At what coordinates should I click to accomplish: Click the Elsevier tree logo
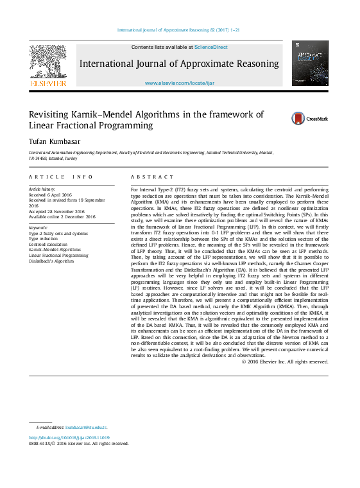[47, 64]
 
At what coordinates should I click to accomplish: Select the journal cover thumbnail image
[310, 63]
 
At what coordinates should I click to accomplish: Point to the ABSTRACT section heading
[152, 177]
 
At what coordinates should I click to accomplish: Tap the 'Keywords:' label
[39, 227]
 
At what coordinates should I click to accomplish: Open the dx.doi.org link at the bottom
[69, 437]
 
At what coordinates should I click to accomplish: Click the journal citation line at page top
[179, 30]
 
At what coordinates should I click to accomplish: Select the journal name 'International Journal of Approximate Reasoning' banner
[179, 64]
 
